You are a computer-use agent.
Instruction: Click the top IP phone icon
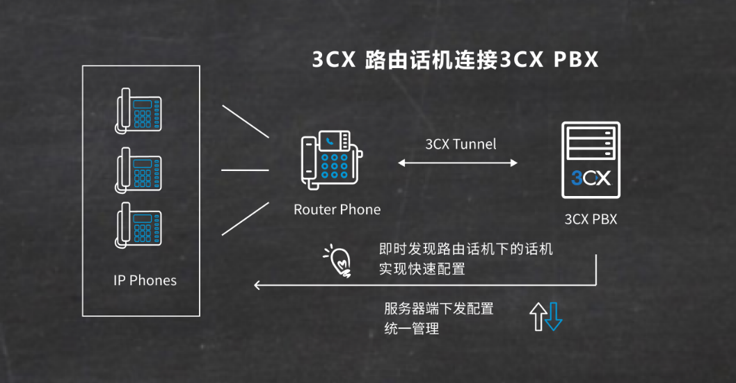pyautogui.click(x=138, y=110)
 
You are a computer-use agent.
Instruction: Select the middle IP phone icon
pyautogui.click(x=138, y=168)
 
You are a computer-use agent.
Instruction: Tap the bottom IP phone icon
pyautogui.click(x=138, y=224)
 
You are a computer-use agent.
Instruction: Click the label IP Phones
pyautogui.click(x=145, y=280)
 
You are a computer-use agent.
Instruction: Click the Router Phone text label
pyautogui.click(x=337, y=209)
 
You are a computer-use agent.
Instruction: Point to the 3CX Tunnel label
pyautogui.click(x=461, y=145)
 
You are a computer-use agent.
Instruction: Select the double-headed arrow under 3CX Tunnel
pyautogui.click(x=457, y=163)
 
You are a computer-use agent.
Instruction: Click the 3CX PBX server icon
pyautogui.click(x=591, y=159)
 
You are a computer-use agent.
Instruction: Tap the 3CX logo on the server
pyautogui.click(x=591, y=178)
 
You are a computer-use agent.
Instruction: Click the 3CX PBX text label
pyautogui.click(x=590, y=220)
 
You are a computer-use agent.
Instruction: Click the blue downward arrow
pyautogui.click(x=554, y=316)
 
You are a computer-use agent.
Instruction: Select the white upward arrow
pyautogui.click(x=538, y=316)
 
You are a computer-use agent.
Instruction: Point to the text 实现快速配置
pyautogui.click(x=422, y=268)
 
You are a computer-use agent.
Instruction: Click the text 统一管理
pyautogui.click(x=411, y=329)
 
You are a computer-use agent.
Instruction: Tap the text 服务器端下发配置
pyautogui.click(x=438, y=309)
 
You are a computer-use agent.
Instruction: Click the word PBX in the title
pyautogui.click(x=575, y=60)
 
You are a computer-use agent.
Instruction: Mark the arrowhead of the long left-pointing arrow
pyautogui.click(x=257, y=284)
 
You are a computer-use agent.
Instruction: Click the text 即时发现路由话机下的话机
pyautogui.click(x=465, y=249)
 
